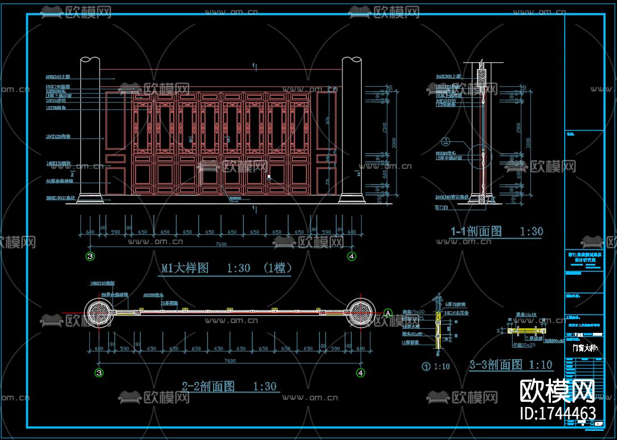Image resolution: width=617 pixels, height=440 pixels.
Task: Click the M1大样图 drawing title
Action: click(194, 268)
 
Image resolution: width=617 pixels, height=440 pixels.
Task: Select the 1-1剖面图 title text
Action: click(477, 231)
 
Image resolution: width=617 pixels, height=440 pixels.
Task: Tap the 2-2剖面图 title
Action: click(208, 386)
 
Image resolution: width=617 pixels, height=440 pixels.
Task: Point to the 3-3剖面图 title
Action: click(495, 365)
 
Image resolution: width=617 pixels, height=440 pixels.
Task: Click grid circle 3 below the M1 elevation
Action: click(90, 256)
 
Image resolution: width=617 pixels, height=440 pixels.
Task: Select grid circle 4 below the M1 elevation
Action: click(352, 256)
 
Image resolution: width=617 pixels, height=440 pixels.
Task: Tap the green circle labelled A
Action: click(388, 312)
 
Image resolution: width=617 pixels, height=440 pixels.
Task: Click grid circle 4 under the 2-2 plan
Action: click(360, 373)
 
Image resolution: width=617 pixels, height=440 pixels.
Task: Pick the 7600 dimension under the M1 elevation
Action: click(220, 244)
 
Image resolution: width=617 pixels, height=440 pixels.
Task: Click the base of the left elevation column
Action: click(90, 199)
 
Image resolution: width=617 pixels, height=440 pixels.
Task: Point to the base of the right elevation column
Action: click(352, 199)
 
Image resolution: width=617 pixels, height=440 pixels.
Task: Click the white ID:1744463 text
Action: click(558, 413)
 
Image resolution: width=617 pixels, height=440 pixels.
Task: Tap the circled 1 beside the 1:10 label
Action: click(425, 366)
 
